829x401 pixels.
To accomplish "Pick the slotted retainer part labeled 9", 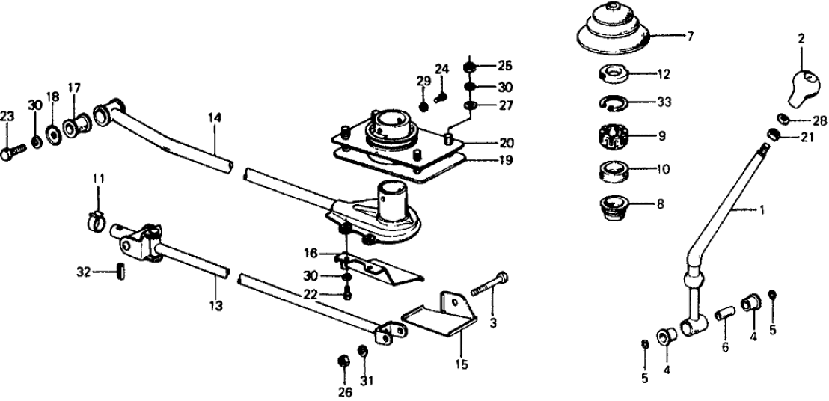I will [x=615, y=138].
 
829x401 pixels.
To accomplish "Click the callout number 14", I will [x=215, y=117].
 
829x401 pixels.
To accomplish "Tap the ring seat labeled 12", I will [x=614, y=74].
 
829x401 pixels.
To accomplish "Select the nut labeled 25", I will [x=469, y=67].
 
